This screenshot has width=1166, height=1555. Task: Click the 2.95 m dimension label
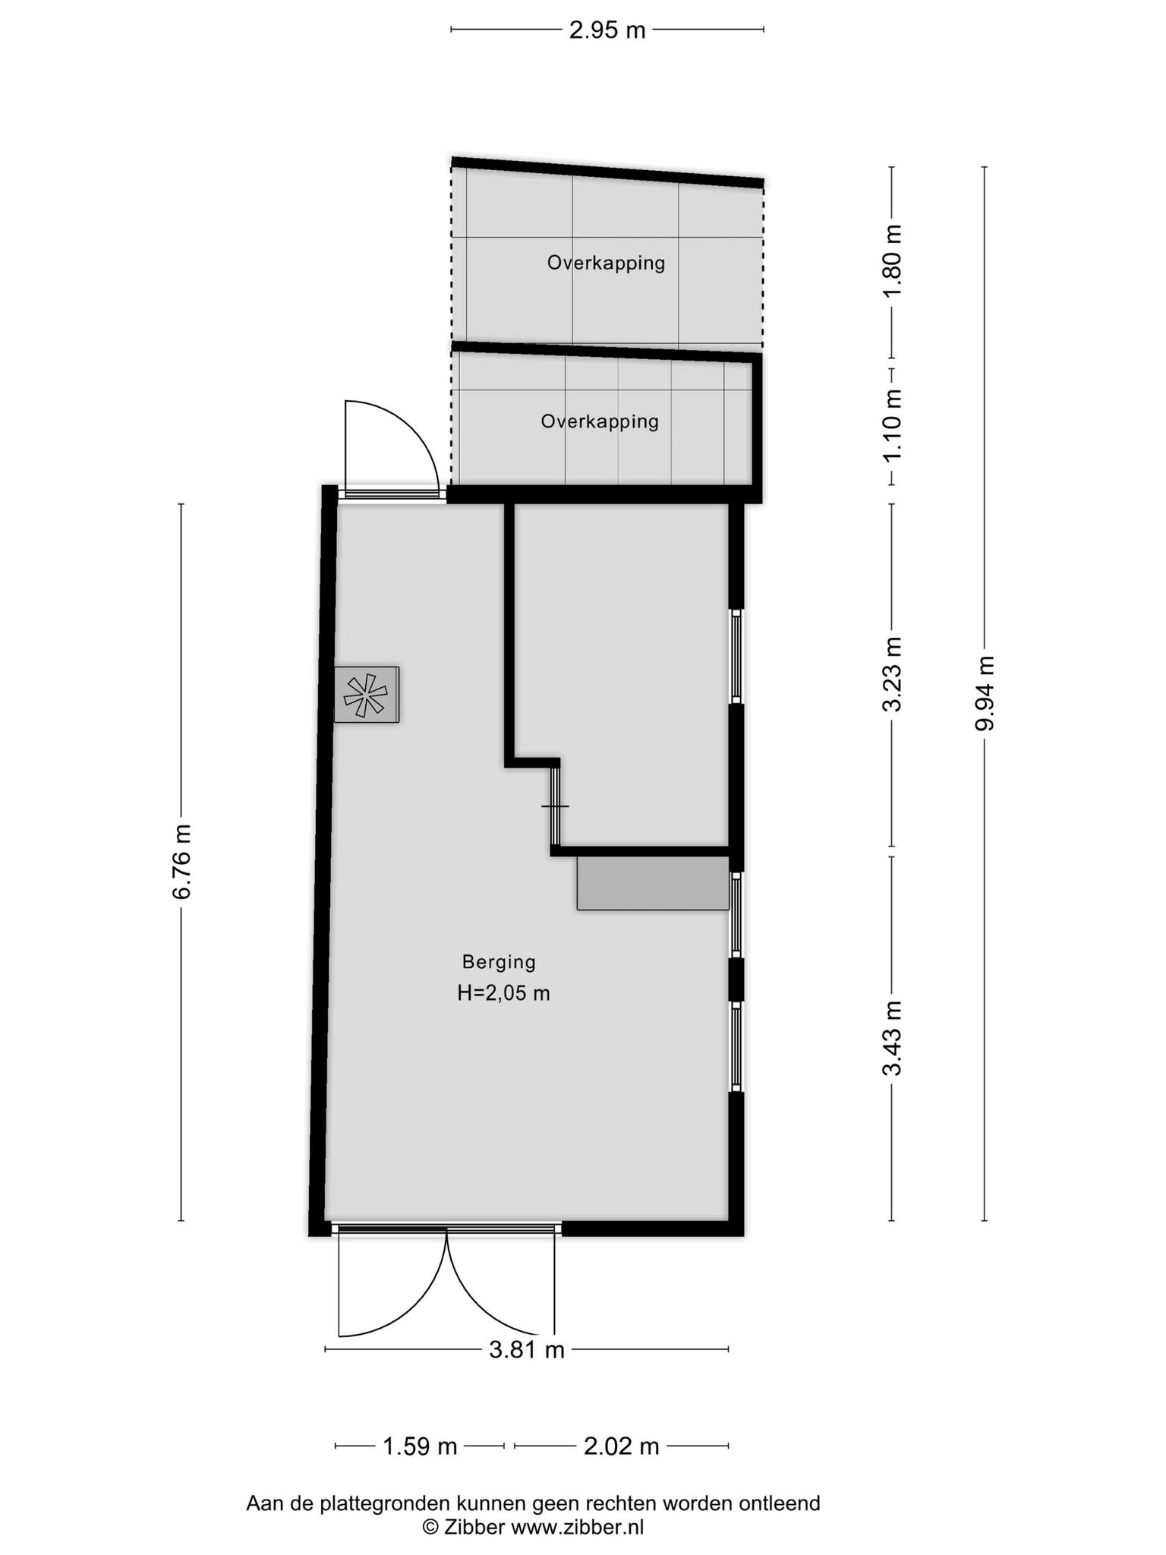607,30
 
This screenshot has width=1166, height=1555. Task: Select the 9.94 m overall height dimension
985,693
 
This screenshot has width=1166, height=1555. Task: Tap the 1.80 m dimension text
892,262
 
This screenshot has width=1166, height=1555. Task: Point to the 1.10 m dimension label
892,424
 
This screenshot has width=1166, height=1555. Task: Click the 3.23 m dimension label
892,674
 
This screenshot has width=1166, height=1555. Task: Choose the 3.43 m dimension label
892,1038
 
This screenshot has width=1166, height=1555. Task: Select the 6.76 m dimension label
181,861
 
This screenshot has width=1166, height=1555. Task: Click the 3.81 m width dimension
527,1349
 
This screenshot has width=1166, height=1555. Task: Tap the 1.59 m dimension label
420,1446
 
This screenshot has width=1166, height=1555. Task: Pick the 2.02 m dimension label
621,1446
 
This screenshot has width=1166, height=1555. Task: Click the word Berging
499,962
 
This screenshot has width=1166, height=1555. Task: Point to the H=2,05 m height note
503,993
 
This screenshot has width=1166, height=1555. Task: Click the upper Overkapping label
606,263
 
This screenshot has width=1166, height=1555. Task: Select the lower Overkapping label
600,421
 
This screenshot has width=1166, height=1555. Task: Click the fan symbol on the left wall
366,695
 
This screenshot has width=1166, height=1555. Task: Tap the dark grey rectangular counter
653,883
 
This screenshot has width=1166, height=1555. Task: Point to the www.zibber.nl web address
577,1527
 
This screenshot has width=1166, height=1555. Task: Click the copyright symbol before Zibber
430,1527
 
